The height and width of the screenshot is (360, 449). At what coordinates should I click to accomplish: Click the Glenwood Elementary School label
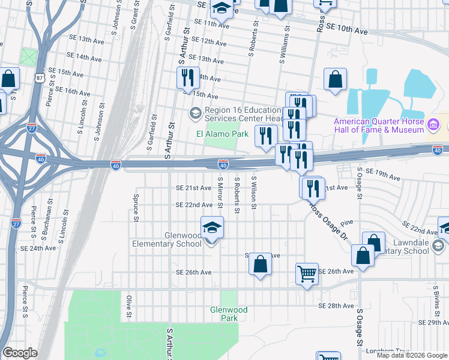pos(167,239)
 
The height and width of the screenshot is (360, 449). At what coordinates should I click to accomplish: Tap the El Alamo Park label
pos(223,134)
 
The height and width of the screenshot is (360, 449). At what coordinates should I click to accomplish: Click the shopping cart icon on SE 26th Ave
pos(307,274)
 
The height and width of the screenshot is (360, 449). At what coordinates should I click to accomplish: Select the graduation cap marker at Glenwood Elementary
pos(211,229)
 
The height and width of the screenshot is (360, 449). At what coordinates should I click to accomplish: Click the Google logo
pos(20,353)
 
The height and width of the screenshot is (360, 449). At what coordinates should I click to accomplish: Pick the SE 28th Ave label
pos(336,306)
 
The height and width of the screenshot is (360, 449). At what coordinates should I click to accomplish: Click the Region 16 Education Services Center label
pos(243,114)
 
